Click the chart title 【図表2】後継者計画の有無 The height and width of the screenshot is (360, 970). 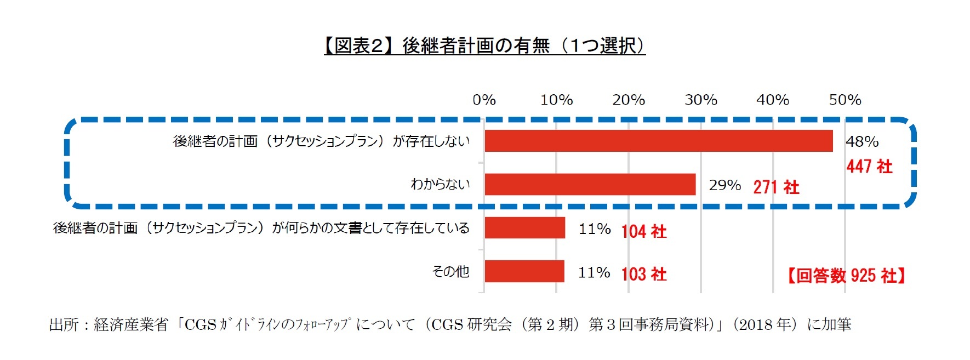tap(484, 46)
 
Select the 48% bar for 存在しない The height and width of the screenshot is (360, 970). tap(658, 141)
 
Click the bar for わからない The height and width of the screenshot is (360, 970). tap(590, 185)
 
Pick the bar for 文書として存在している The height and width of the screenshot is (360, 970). tap(524, 228)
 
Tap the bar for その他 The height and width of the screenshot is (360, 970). tap(524, 271)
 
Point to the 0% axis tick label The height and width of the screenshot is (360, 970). tap(484, 100)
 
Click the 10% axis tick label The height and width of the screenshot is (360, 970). tap(556, 100)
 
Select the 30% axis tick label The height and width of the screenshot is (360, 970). tap(700, 100)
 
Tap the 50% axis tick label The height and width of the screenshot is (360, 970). tap(845, 100)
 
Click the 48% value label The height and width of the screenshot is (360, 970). tap(862, 141)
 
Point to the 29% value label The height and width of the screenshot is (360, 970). tap(724, 185)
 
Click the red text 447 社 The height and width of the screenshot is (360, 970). tap(869, 167)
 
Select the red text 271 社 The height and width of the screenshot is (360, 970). tap(776, 187)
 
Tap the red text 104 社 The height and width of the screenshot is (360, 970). tap(644, 231)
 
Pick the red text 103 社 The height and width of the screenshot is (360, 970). tap(644, 274)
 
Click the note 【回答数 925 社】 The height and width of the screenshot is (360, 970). tap(846, 276)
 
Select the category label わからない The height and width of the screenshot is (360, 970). tap(440, 184)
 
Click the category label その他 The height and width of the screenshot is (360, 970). tap(450, 271)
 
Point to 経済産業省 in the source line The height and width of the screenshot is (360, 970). tap(131, 324)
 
